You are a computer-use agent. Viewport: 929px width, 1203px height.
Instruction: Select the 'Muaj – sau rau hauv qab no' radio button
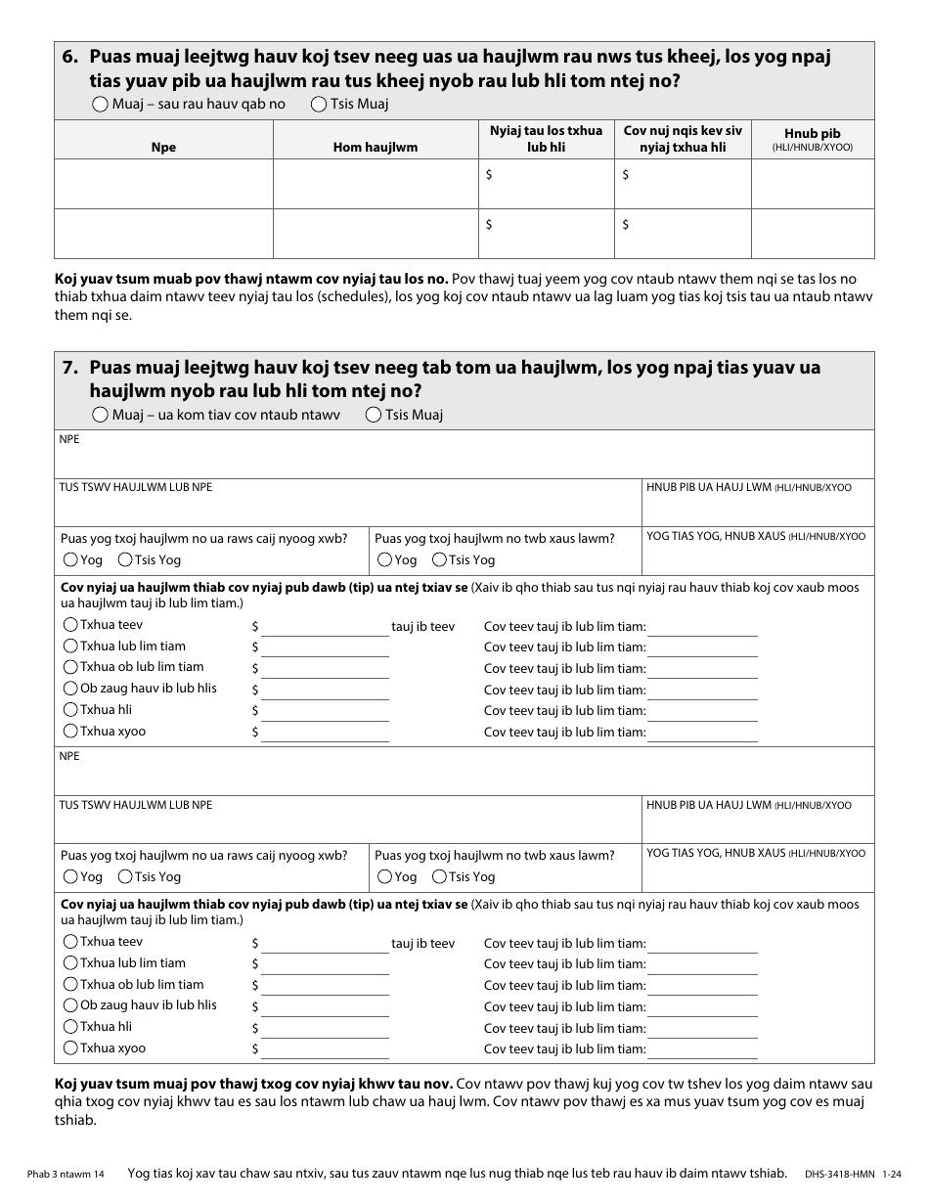tap(102, 104)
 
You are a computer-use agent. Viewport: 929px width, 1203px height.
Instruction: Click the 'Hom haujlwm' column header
tap(376, 148)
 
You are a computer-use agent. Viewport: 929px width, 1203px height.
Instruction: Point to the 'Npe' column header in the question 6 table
tap(163, 148)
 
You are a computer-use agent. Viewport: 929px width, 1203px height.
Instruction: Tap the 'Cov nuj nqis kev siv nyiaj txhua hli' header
tap(683, 139)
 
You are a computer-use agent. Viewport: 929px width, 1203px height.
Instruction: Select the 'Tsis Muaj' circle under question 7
tap(373, 415)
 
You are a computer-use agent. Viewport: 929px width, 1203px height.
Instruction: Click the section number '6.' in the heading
tap(70, 58)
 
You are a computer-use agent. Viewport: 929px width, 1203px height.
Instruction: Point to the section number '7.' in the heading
tap(70, 369)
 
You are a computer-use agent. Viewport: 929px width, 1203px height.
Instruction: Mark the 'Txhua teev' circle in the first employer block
tap(70, 625)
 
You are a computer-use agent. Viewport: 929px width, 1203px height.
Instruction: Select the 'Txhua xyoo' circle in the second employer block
tap(70, 1047)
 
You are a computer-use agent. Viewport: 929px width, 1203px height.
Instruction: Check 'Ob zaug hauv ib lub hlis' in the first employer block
tap(70, 689)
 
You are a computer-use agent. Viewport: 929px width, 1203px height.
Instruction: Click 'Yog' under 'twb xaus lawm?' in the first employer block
tap(385, 559)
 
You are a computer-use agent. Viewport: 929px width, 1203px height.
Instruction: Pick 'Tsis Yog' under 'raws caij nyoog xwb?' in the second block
tap(125, 876)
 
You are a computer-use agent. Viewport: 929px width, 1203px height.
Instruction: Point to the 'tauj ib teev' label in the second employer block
tap(422, 944)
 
